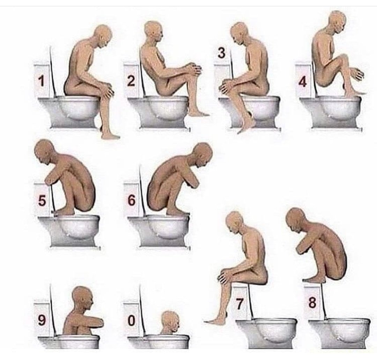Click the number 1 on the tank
pyautogui.click(x=41, y=81)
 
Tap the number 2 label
pyautogui.click(x=131, y=81)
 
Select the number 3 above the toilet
pyautogui.click(x=221, y=53)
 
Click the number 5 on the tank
pyautogui.click(x=42, y=200)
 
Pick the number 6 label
pyautogui.click(x=132, y=200)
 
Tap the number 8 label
pyautogui.click(x=312, y=302)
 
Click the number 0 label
pyautogui.click(x=131, y=321)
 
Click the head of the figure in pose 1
pyautogui.click(x=103, y=36)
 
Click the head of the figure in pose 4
pyautogui.click(x=337, y=22)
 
